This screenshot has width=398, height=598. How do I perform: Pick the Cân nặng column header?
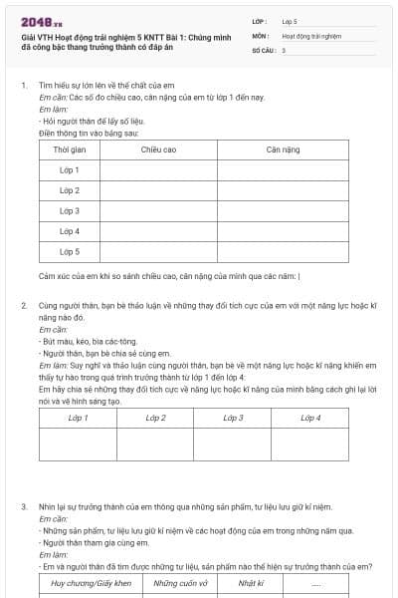[285, 149]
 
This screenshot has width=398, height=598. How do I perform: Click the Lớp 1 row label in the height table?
[70, 169]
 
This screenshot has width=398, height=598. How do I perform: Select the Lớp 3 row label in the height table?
[70, 210]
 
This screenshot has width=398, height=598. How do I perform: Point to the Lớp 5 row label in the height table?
[70, 251]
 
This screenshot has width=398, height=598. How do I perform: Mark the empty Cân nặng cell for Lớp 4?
[285, 231]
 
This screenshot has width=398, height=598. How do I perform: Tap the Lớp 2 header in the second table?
[155, 417]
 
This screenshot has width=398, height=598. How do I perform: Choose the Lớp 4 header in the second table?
[310, 417]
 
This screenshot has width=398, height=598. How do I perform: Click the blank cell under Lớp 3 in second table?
[233, 445]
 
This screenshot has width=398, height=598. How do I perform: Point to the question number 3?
[24, 507]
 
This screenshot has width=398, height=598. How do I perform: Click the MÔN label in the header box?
[260, 35]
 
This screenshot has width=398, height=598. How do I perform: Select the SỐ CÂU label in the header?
[263, 49]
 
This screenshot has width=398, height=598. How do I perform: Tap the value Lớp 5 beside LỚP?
[290, 20]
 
